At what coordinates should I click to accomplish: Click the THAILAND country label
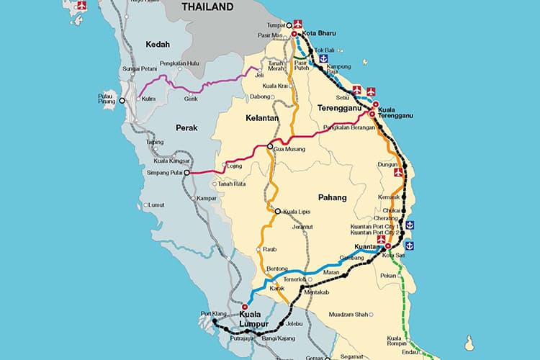pyautogui.click(x=207, y=7)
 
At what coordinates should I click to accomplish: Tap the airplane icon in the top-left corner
pyautogui.click(x=81, y=6)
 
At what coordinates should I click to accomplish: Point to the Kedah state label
pyautogui.click(x=158, y=45)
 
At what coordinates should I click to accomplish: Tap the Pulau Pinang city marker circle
pyautogui.click(x=122, y=101)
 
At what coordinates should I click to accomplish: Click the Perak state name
pyautogui.click(x=166, y=127)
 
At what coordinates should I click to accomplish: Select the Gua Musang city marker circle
pyautogui.click(x=271, y=147)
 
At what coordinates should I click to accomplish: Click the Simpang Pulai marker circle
pyautogui.click(x=186, y=173)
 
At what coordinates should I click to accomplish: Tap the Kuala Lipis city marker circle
pyautogui.click(x=278, y=211)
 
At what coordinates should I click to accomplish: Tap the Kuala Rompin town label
pyautogui.click(x=394, y=341)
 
